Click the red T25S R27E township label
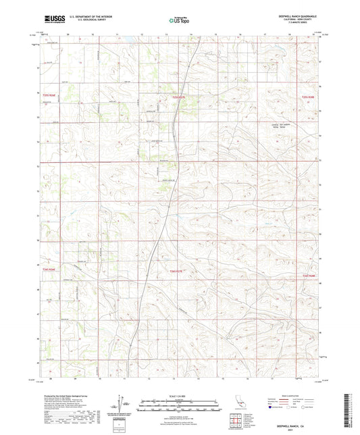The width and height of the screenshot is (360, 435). (x=178, y=97)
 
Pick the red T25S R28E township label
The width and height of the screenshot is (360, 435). (x=307, y=97)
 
